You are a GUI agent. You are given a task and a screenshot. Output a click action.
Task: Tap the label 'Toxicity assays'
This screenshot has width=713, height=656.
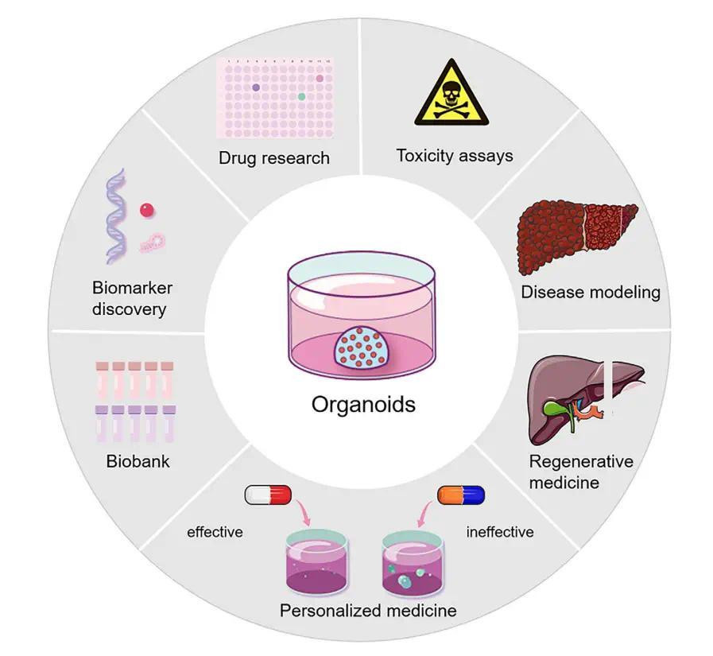(455, 155)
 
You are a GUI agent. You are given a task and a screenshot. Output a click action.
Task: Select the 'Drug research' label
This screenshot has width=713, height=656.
(274, 157)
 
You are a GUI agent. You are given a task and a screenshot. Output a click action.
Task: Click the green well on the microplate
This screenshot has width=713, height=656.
(302, 96)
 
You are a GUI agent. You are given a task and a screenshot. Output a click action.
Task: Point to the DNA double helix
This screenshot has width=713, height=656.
(117, 215)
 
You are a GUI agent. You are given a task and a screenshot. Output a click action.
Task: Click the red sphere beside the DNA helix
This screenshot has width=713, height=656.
(146, 210)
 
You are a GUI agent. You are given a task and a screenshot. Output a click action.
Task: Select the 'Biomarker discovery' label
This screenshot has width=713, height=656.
(132, 298)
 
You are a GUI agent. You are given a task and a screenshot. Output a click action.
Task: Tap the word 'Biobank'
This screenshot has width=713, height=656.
(138, 461)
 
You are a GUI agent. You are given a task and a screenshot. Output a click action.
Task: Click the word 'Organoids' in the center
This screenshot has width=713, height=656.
(363, 404)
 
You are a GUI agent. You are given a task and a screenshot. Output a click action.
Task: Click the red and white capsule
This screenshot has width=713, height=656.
(269, 496)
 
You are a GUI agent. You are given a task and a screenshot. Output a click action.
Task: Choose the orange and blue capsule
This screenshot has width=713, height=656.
(461, 496)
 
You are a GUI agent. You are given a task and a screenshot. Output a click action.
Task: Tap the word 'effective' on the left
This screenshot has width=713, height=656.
(215, 531)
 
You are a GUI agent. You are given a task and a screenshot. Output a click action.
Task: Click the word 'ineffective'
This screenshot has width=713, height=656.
(499, 531)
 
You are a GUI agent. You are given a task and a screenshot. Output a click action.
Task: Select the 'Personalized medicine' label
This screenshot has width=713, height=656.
(368, 611)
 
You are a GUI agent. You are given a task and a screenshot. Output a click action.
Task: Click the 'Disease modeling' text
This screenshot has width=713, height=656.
(591, 292)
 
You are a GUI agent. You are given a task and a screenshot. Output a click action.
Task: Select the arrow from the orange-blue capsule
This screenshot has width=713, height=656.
(426, 516)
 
